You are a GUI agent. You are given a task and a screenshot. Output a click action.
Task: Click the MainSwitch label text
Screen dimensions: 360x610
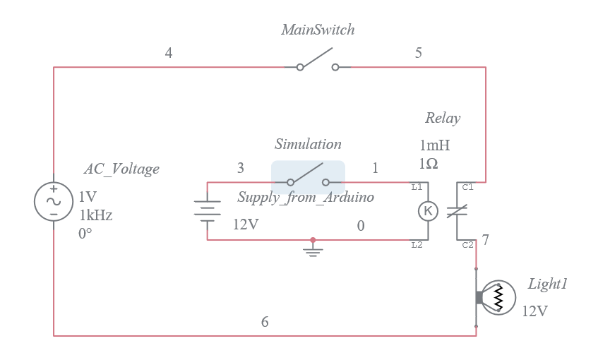[318, 30]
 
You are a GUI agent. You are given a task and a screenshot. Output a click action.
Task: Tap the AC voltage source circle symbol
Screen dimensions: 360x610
[54, 201]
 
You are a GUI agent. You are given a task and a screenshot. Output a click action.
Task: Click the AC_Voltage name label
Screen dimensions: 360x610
[121, 169]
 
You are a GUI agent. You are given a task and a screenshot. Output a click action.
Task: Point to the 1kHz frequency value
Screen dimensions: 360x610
[95, 215]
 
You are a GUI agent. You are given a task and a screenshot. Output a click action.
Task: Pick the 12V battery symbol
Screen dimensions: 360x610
[207, 210]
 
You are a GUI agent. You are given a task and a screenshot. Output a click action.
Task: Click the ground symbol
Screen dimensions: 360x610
[313, 248]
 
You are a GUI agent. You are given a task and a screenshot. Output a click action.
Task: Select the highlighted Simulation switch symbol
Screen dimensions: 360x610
[308, 178]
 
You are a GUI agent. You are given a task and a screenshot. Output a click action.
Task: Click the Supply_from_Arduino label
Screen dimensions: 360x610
[306, 197]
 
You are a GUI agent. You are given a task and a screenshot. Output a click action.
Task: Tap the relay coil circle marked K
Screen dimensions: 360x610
[429, 211]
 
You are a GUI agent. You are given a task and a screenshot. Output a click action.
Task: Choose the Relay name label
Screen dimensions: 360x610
[443, 118]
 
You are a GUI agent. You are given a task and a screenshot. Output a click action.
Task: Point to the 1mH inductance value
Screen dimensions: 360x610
[434, 145]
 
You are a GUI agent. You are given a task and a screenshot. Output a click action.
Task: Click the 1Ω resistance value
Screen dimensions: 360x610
[429, 163]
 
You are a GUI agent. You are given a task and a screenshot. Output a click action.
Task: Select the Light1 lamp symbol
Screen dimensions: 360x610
[497, 298]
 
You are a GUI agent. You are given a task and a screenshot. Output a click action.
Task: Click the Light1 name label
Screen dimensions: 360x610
[548, 284]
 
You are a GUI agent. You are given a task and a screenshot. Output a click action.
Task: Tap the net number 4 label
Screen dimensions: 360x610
[169, 53]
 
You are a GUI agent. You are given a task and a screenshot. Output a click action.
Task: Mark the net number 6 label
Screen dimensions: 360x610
[265, 322]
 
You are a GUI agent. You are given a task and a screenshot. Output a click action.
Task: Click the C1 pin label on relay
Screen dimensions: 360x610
[467, 187]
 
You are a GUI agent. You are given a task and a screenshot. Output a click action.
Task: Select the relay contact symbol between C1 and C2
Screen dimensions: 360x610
[457, 211]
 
